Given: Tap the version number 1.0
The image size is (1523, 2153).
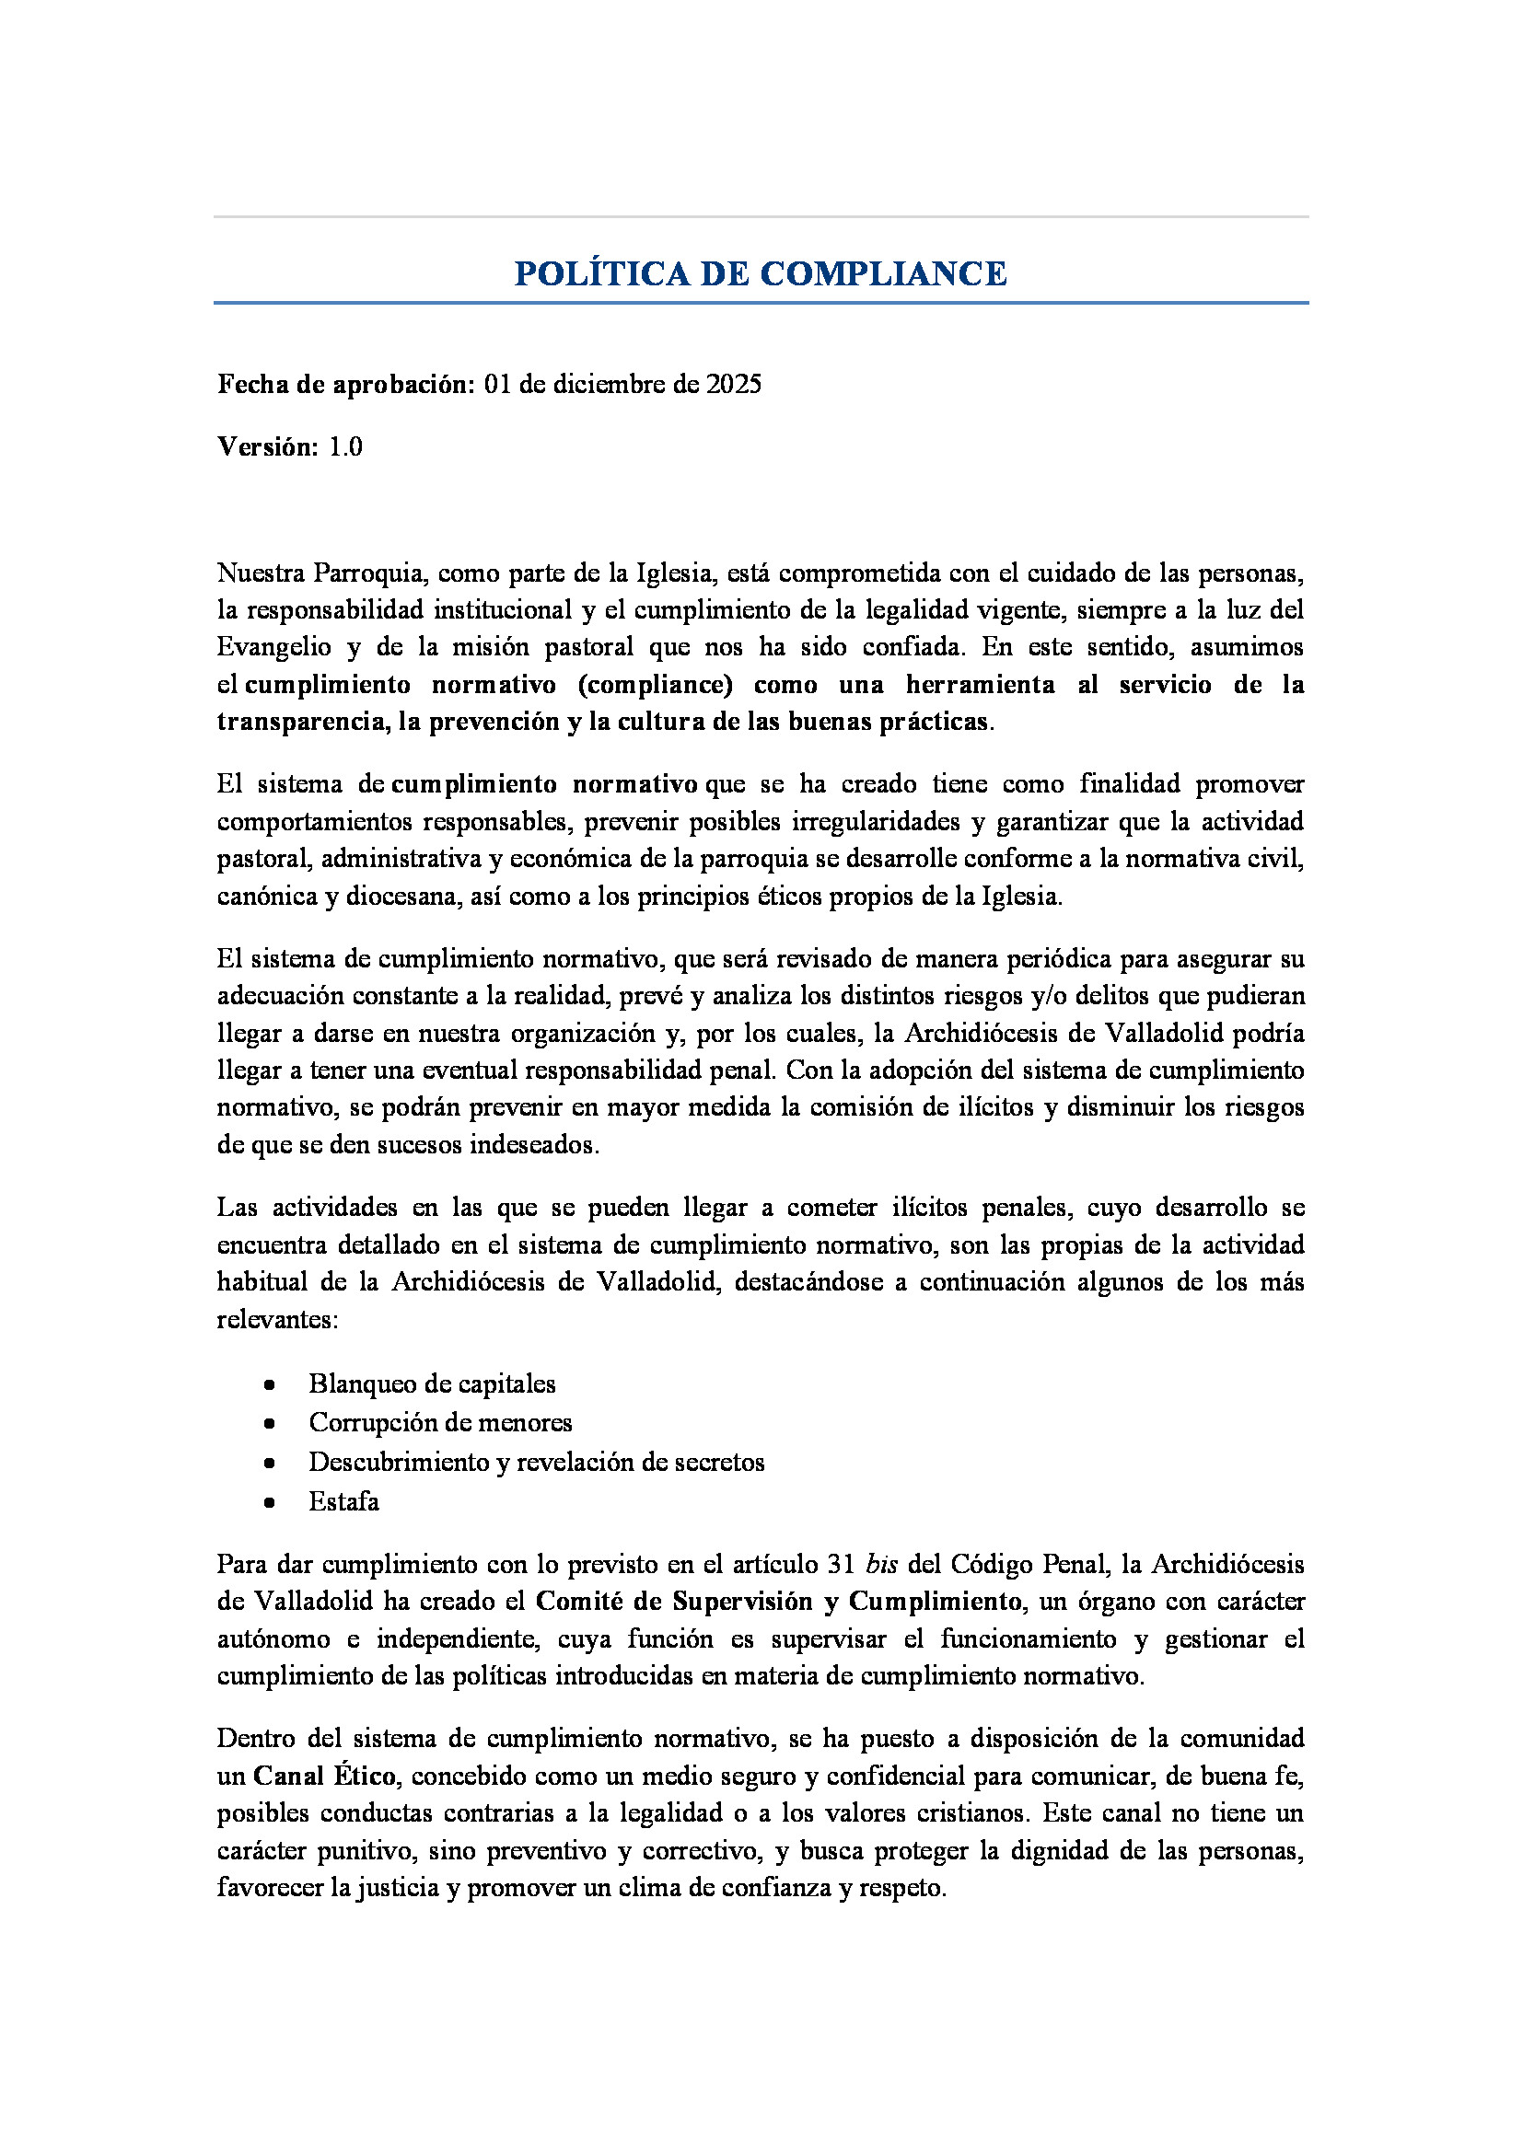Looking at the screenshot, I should click(345, 447).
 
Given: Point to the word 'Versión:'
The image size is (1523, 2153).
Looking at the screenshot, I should click(268, 447).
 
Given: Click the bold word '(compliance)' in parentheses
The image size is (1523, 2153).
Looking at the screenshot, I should click(655, 685).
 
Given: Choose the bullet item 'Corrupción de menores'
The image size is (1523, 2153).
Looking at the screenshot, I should click(440, 1423).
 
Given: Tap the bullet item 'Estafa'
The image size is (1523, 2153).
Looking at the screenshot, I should click(344, 1502).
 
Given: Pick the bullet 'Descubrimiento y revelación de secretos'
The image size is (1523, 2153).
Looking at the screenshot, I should click(537, 1463).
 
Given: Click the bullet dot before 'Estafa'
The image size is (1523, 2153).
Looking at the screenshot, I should click(269, 1503).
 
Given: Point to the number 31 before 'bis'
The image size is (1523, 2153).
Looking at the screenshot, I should click(842, 1565).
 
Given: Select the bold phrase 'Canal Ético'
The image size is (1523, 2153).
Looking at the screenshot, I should click(324, 1777).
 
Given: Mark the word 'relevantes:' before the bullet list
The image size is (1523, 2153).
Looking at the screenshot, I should click(276, 1320).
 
